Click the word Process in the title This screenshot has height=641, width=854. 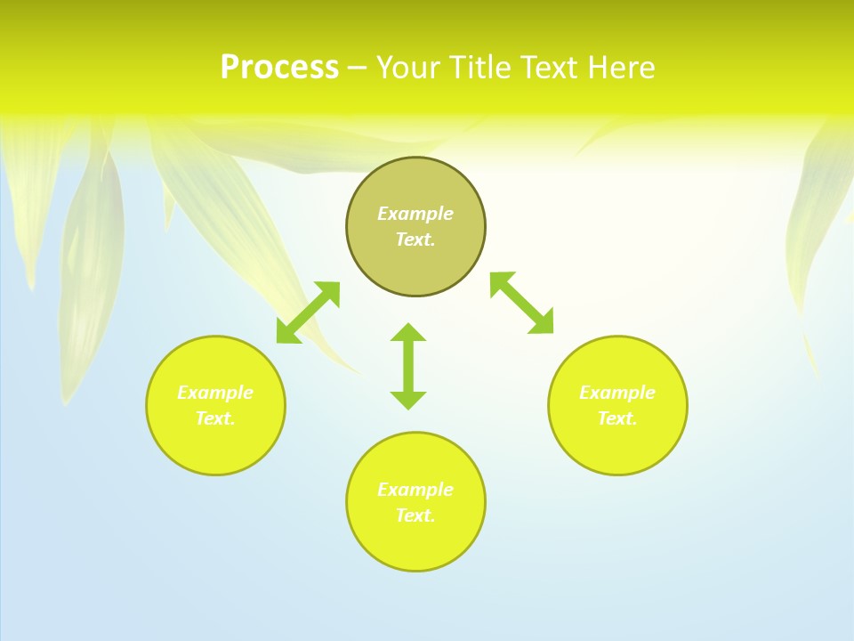[x=279, y=68]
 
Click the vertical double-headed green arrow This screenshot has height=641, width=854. [x=408, y=366]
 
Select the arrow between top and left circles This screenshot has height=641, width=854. [x=309, y=312]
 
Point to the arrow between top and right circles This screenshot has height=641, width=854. [x=522, y=303]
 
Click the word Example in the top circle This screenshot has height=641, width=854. [x=415, y=214]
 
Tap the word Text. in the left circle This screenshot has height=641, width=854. [x=215, y=418]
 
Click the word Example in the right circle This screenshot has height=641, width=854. [x=617, y=393]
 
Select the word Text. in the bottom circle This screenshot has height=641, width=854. [x=415, y=515]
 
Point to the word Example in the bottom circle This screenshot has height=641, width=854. [x=415, y=490]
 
